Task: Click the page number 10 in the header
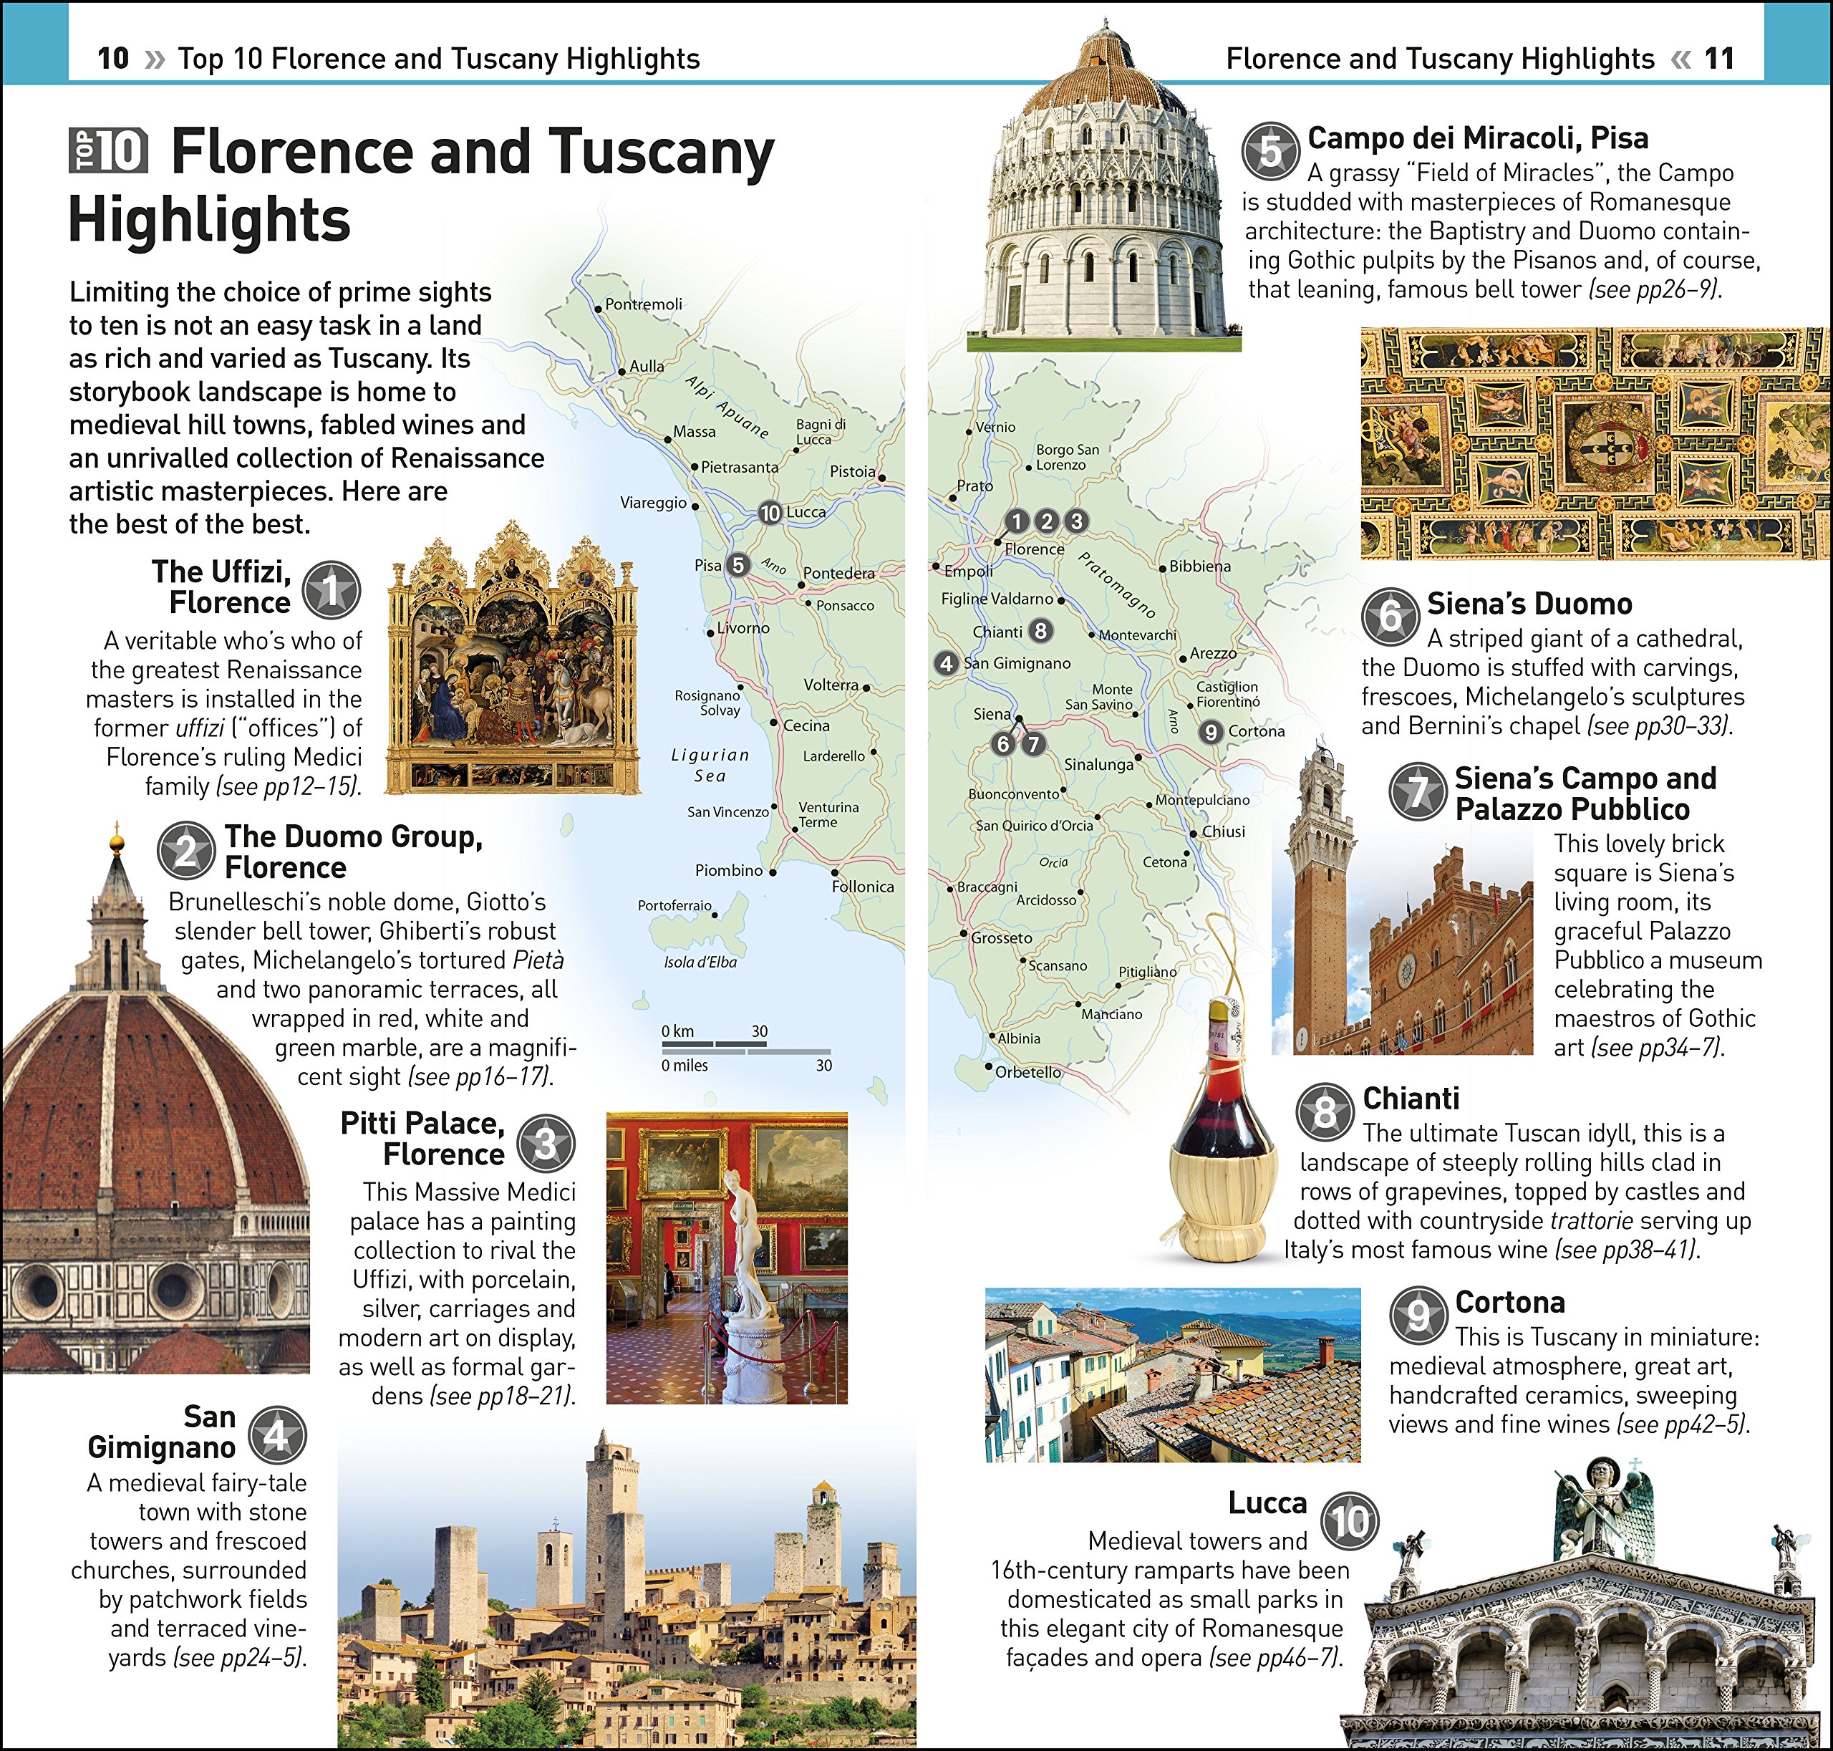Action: click(113, 58)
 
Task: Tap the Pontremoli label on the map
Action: click(643, 304)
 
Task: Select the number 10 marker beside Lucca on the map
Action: click(770, 513)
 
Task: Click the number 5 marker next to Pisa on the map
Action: click(738, 564)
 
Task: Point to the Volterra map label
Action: click(830, 685)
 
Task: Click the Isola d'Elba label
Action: click(700, 963)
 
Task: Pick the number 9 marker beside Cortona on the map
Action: click(1211, 732)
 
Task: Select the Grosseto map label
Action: click(1002, 938)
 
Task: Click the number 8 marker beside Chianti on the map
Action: click(1040, 631)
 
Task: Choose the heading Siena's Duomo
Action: click(1529, 604)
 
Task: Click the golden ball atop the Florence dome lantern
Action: click(117, 844)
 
